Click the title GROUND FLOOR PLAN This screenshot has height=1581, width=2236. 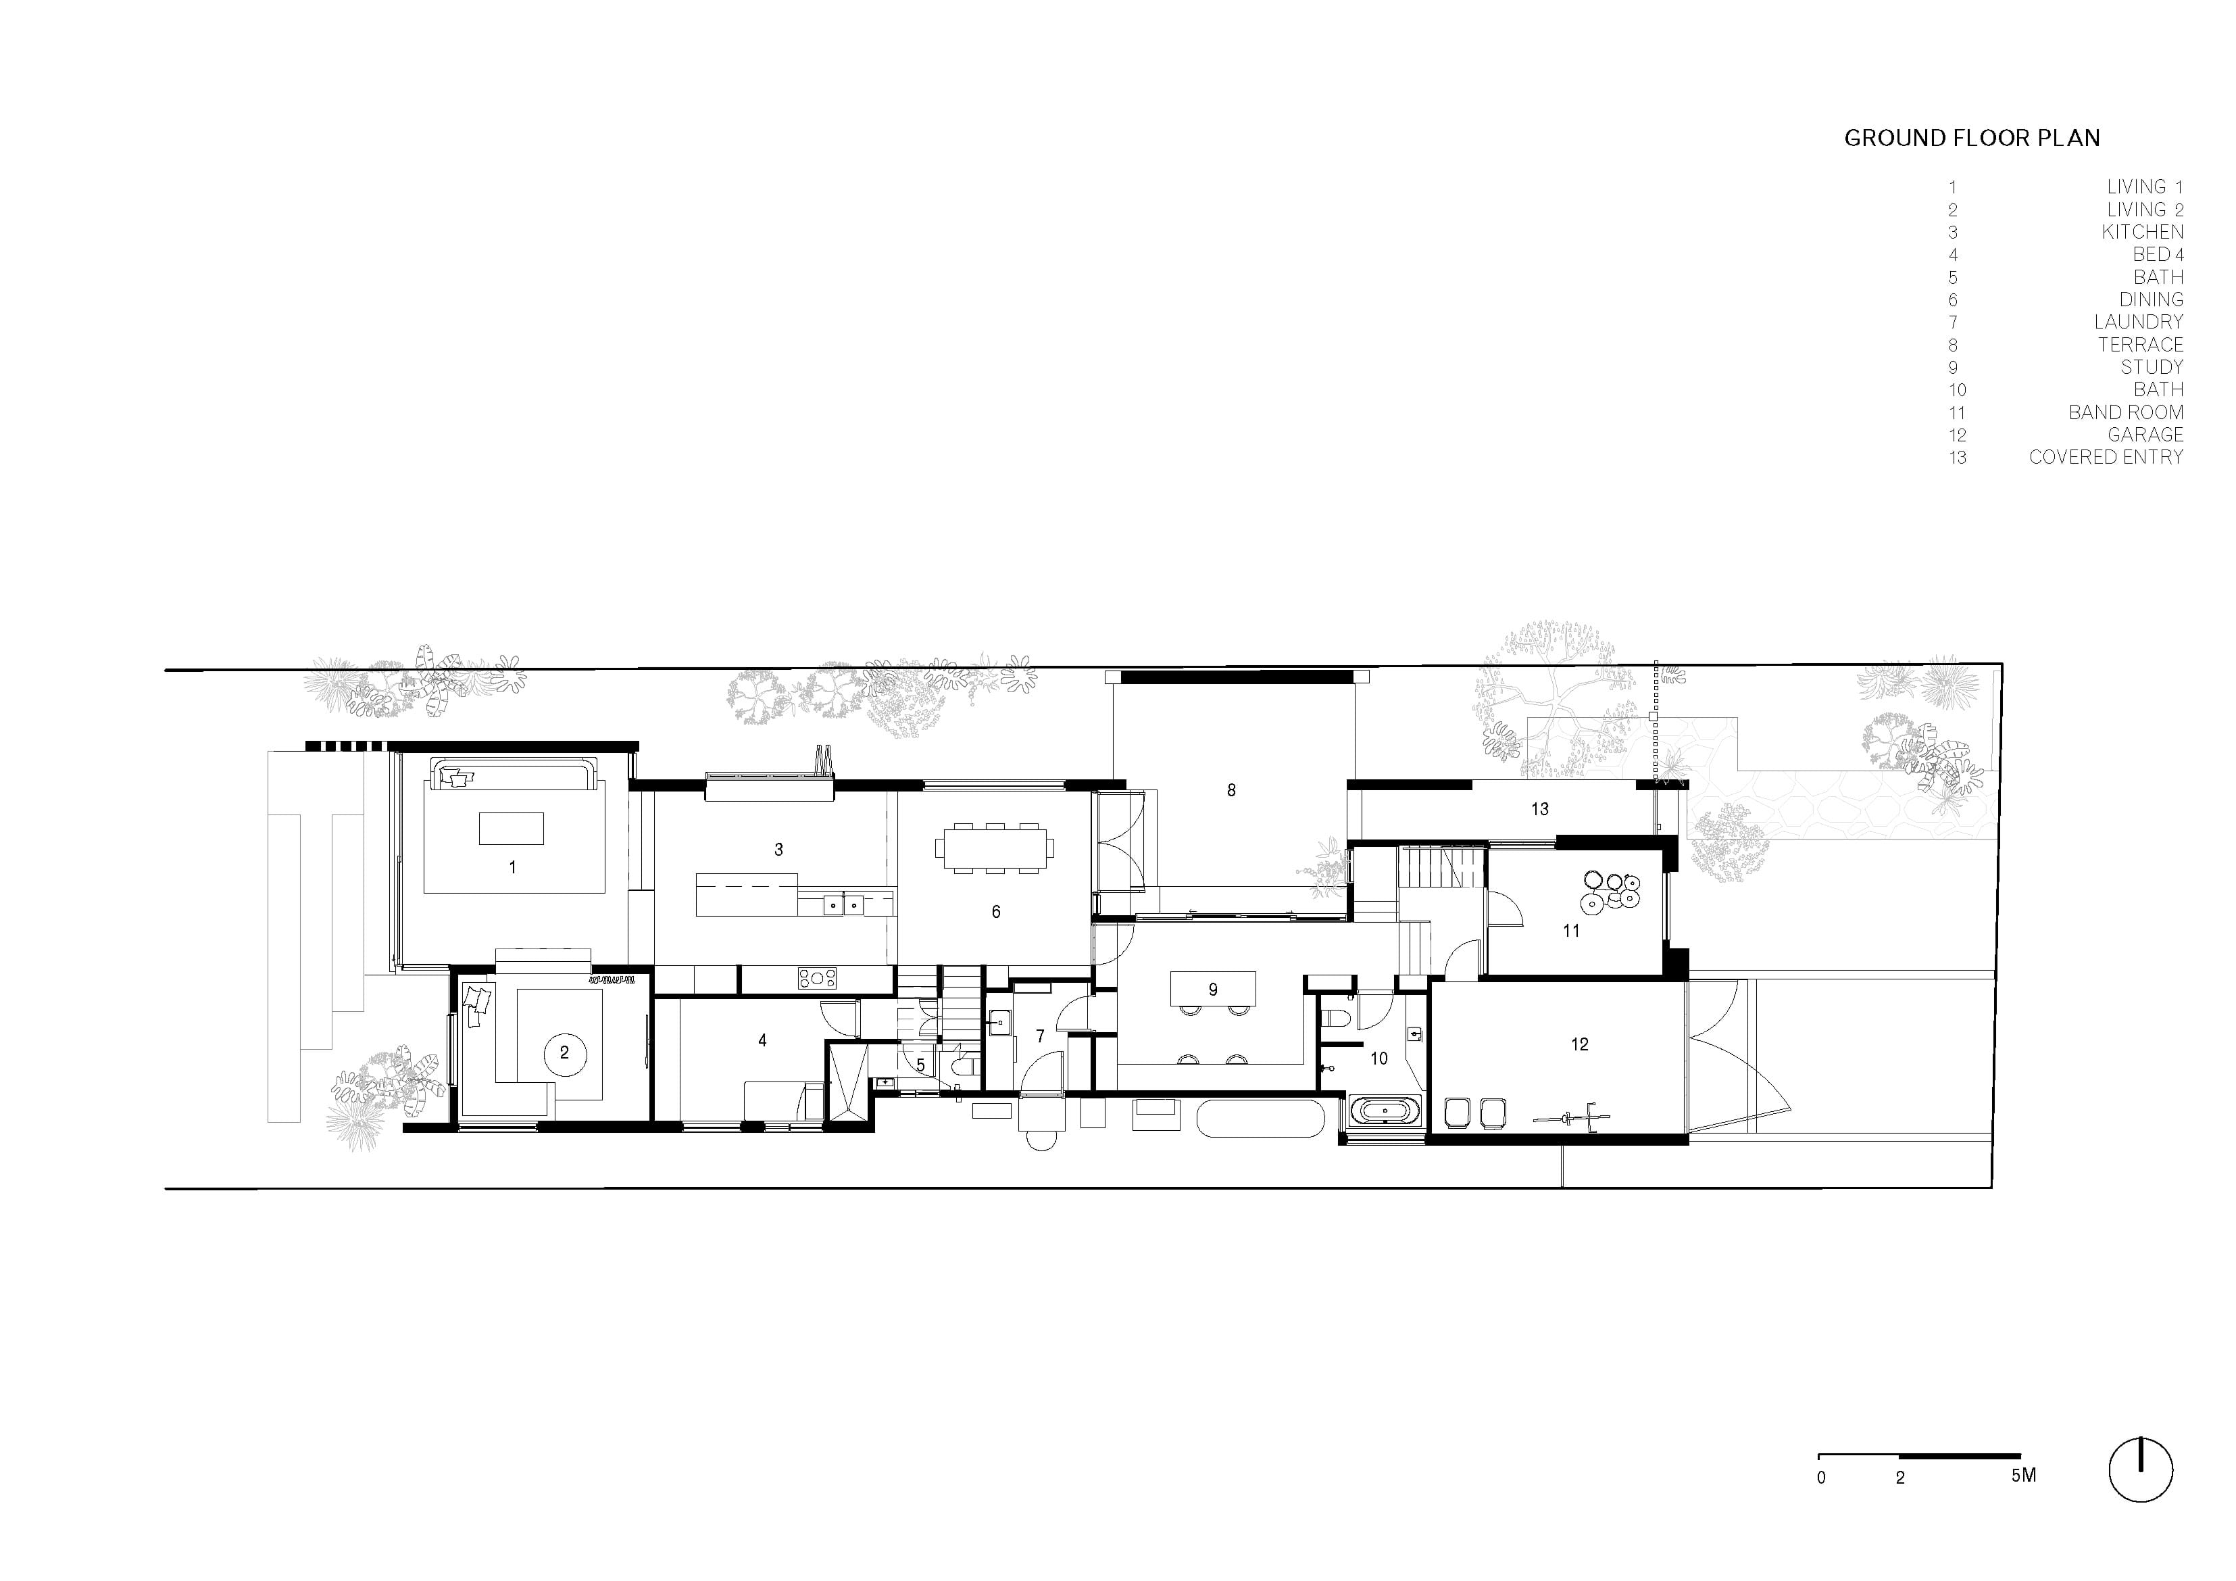[1971, 139]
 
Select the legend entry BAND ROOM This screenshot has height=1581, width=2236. [2126, 412]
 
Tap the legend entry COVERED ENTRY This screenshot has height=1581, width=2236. [2106, 457]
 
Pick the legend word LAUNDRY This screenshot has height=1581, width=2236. [2139, 322]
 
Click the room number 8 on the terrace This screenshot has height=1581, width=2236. [1231, 790]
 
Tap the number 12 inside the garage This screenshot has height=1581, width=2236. [1580, 1044]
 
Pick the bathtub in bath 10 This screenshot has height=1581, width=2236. [1384, 1111]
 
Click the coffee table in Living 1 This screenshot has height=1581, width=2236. [512, 829]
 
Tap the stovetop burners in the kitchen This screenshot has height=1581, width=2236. [817, 978]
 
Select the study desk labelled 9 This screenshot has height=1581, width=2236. [1212, 989]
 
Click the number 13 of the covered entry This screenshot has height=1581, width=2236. [1540, 808]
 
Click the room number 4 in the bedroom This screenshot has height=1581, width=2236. [762, 1040]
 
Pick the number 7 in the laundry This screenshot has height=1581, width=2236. [1040, 1036]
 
